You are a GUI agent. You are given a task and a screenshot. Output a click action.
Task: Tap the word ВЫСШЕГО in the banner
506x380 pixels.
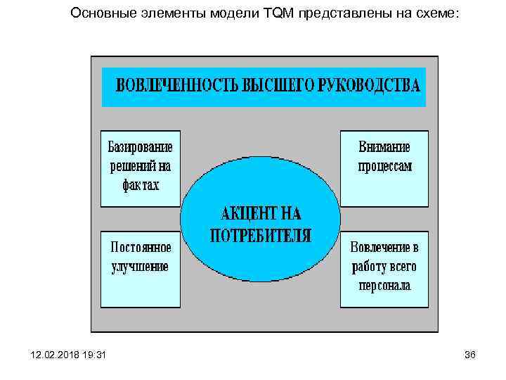tap(278, 87)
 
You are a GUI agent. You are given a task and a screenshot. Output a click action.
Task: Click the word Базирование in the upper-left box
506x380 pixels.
tap(140, 148)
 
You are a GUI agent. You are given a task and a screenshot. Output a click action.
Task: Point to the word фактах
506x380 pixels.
tap(140, 186)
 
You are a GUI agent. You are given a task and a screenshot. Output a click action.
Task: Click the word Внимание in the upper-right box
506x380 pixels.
tap(384, 148)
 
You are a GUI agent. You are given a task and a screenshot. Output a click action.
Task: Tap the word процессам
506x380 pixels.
tap(384, 167)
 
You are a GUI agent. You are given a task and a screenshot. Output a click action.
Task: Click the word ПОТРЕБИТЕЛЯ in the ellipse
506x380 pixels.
tap(260, 235)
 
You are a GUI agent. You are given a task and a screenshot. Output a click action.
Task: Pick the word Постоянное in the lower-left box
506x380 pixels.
tap(141, 248)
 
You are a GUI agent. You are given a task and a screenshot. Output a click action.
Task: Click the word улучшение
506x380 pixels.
tap(140, 267)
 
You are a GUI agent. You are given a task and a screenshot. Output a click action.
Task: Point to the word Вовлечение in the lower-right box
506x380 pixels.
tap(384, 248)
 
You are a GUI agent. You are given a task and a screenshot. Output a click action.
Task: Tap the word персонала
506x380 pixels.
tap(384, 286)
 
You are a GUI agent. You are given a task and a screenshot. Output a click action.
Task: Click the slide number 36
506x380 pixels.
tap(470, 355)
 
